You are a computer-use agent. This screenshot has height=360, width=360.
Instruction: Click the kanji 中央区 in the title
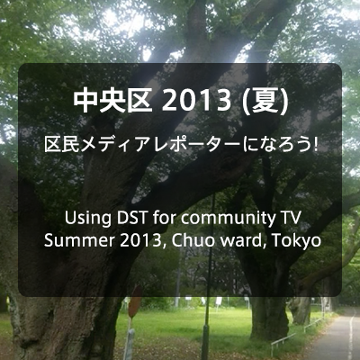112,101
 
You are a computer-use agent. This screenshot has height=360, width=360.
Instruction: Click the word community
228,220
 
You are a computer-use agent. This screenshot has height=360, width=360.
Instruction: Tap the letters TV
291,218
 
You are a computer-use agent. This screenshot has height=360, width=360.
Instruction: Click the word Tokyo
296,241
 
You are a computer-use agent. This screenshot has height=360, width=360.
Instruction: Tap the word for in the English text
165,218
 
